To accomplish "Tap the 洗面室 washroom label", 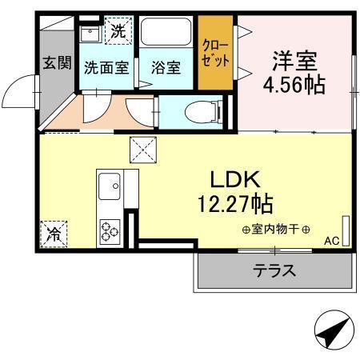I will click(106, 68).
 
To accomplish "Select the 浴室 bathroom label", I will click(166, 68).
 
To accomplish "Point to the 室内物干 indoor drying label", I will click(276, 230).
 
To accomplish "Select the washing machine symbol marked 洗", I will click(117, 33).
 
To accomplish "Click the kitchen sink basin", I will click(109, 190).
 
